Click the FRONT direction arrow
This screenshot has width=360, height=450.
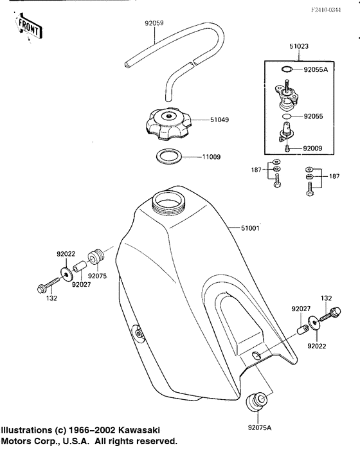pyautogui.click(x=29, y=26)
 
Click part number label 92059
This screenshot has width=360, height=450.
pyautogui.click(x=154, y=23)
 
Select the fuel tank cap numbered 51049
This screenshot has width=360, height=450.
pyautogui.click(x=168, y=124)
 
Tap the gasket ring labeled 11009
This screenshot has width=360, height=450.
pyautogui.click(x=169, y=156)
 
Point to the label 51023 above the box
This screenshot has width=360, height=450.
pyautogui.click(x=299, y=46)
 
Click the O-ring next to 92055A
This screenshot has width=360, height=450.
pyautogui.click(x=287, y=69)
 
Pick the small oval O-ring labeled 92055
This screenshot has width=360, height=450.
pyautogui.click(x=287, y=116)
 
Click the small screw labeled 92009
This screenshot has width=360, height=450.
pyautogui.click(x=286, y=148)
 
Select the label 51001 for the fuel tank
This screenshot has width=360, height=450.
pyautogui.click(x=250, y=228)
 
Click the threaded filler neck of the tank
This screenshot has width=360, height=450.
pyautogui.click(x=168, y=202)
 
